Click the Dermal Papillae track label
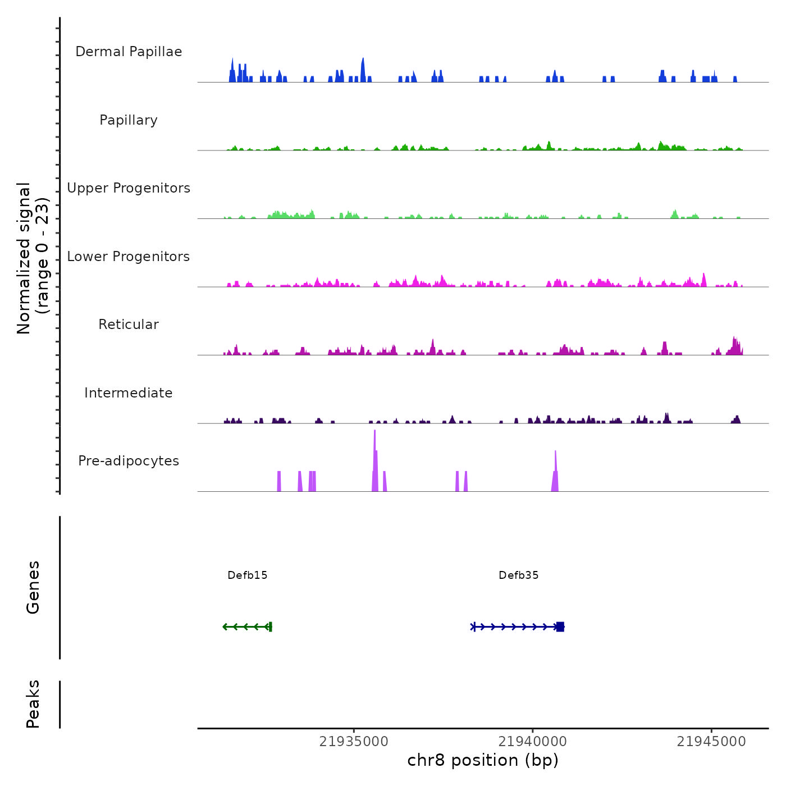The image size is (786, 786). (x=129, y=52)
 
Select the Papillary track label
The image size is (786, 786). (x=129, y=120)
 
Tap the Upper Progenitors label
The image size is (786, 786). (x=129, y=188)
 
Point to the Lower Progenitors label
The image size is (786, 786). (x=129, y=257)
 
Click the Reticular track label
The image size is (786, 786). (x=129, y=325)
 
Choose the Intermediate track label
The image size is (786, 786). (x=129, y=393)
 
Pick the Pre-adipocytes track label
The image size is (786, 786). (x=129, y=461)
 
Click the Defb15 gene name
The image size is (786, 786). (x=248, y=575)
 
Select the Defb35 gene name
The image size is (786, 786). (x=519, y=575)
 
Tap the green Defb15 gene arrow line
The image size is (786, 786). (x=247, y=627)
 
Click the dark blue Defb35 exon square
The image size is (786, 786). (x=560, y=627)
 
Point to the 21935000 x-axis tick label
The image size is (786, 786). (x=354, y=742)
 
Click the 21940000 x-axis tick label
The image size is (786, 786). (x=533, y=742)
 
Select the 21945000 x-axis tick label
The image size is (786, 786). (x=711, y=742)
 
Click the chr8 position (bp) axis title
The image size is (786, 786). (x=483, y=760)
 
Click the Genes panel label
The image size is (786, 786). (x=33, y=587)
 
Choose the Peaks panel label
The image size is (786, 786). (x=33, y=704)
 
